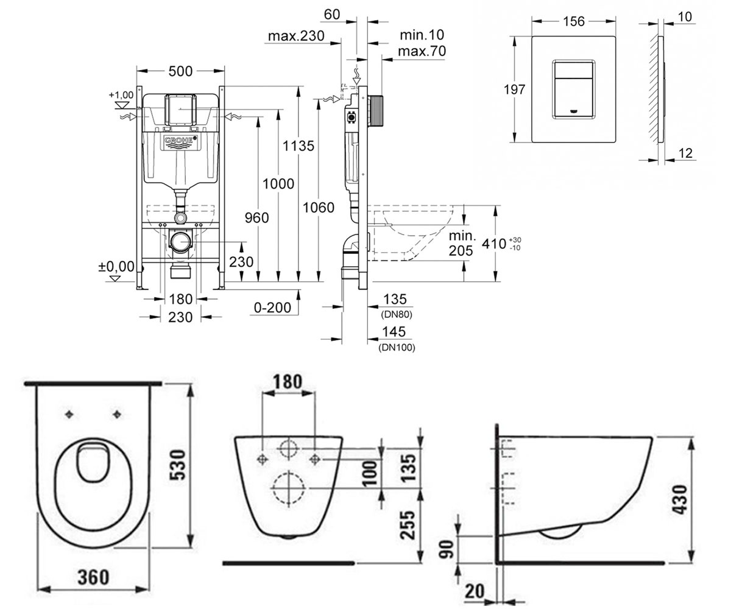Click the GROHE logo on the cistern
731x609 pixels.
tap(179, 142)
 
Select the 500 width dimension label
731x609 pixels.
tap(180, 71)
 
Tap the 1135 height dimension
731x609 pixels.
tap(298, 146)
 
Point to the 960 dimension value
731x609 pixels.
tap(256, 217)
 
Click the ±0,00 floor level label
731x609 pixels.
tap(116, 266)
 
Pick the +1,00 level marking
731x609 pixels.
tap(121, 95)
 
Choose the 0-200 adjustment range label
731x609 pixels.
tap(272, 308)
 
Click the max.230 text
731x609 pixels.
tap(296, 36)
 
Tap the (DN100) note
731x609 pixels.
tap(397, 348)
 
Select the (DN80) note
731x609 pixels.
tap(397, 315)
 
